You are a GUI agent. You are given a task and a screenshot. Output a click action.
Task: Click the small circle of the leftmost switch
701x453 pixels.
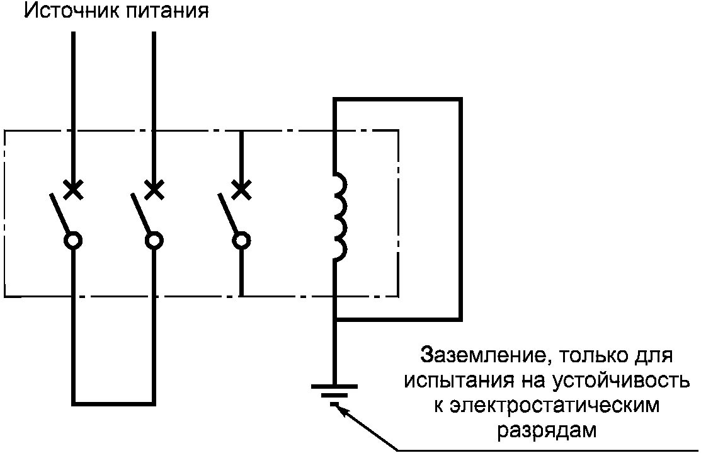[x=74, y=240]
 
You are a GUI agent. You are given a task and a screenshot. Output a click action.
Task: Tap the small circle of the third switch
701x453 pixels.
[x=241, y=240]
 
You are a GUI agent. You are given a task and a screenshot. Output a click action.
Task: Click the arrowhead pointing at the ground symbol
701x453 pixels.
[x=340, y=408]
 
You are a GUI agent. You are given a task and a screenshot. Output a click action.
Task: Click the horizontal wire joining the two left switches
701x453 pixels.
[x=114, y=401]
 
